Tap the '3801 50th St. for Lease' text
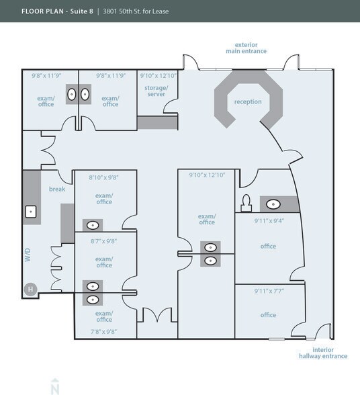pyautogui.click(x=144, y=11)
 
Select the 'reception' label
pyautogui.click(x=247, y=102)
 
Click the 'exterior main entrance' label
pyautogui.click(x=246, y=48)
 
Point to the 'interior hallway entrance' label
pyautogui.click(x=322, y=353)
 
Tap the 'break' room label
pyautogui.click(x=56, y=189)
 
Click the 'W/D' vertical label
pyautogui.click(x=28, y=256)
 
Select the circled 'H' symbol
pyautogui.click(x=30, y=290)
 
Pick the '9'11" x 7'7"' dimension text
pyautogui.click(x=268, y=291)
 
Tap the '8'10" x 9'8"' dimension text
pyautogui.click(x=103, y=177)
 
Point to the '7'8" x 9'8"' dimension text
pyautogui.click(x=103, y=331)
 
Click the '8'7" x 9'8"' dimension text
pyautogui.click(x=103, y=240)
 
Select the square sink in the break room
pyautogui.click(x=31, y=212)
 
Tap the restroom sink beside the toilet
pyautogui.click(x=273, y=204)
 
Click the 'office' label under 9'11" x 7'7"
pyautogui.click(x=268, y=315)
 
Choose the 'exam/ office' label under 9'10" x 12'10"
pyautogui.click(x=206, y=219)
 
